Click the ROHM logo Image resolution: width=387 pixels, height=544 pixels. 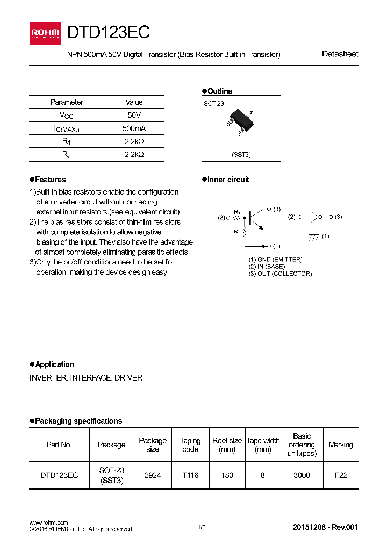coord(45,33)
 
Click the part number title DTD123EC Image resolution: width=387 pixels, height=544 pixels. coord(108,33)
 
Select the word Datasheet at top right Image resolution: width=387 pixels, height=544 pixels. coord(340,54)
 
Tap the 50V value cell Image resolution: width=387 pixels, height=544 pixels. coord(134,115)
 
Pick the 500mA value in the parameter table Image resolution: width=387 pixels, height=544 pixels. coord(134,128)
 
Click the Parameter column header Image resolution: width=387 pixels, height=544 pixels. coord(67,102)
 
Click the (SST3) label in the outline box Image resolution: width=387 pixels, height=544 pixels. coord(241,155)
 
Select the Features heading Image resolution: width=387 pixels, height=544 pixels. coord(50,180)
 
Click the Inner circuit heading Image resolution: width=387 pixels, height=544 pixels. coord(228,180)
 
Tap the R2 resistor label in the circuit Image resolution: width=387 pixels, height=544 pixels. coord(236,232)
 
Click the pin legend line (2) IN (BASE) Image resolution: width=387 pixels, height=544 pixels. coord(267,267)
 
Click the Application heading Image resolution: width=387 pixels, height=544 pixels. coord(54,364)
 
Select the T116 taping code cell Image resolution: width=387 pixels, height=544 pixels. coord(190,475)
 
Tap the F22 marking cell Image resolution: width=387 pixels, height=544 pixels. coord(341,475)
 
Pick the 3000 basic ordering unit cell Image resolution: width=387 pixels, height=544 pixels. coord(302,475)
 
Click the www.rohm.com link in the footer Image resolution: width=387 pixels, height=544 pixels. coord(48,522)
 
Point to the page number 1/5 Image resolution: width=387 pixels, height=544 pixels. coord(202,528)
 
